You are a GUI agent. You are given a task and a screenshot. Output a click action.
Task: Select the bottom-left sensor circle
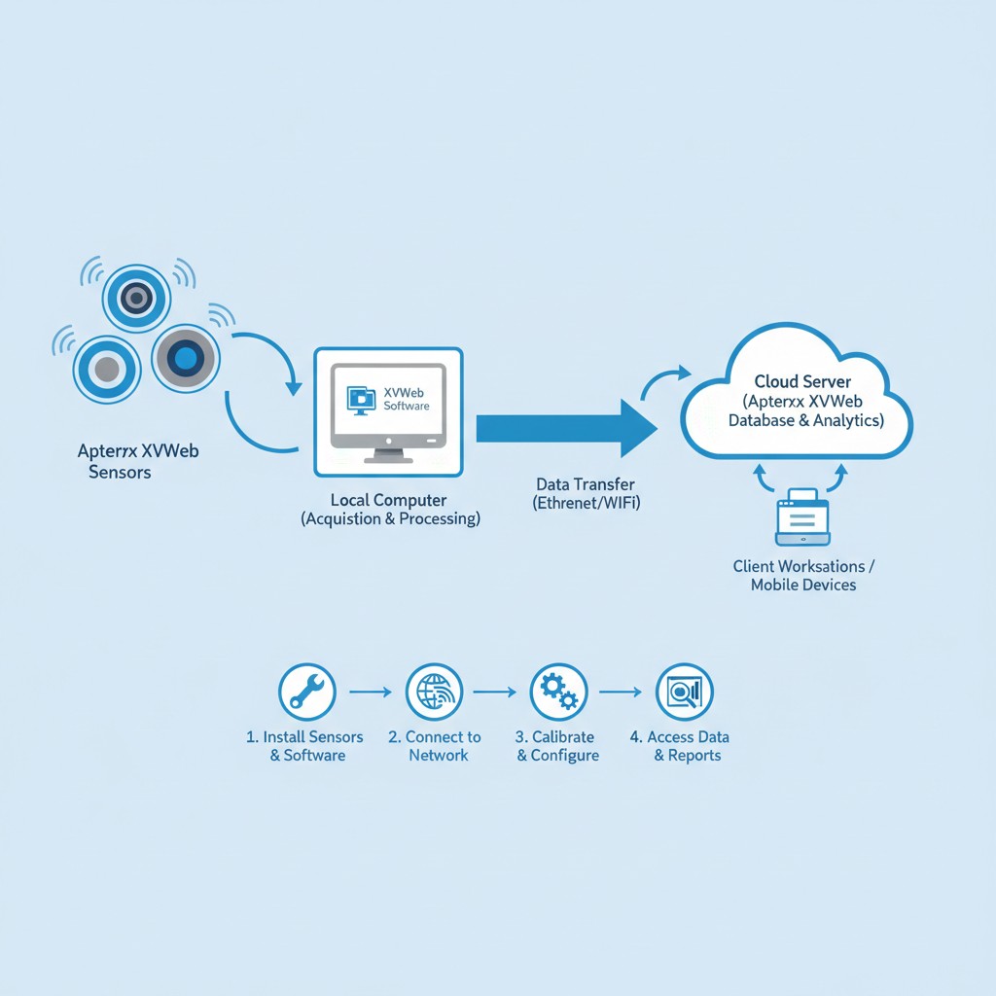click(106, 369)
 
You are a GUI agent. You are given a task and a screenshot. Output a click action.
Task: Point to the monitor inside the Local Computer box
click(388, 408)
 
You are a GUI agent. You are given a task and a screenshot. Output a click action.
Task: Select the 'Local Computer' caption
click(388, 500)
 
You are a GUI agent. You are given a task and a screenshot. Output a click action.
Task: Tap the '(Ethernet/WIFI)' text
click(587, 503)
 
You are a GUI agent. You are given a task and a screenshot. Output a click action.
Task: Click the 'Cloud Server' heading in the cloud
click(802, 382)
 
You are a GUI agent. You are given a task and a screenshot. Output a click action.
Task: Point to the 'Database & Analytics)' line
click(805, 420)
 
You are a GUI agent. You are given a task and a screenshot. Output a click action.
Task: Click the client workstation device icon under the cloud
click(802, 517)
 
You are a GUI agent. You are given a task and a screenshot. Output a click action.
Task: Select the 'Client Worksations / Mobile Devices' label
click(803, 575)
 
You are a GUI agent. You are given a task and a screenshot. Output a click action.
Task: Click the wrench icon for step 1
click(306, 693)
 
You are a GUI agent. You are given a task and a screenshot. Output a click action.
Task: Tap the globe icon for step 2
click(434, 693)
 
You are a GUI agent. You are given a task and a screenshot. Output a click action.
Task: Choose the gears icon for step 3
click(558, 693)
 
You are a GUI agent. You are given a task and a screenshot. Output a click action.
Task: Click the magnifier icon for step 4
click(685, 693)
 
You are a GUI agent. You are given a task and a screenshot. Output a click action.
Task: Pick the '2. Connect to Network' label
click(435, 746)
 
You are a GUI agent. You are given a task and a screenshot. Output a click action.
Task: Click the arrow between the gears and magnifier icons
click(621, 693)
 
